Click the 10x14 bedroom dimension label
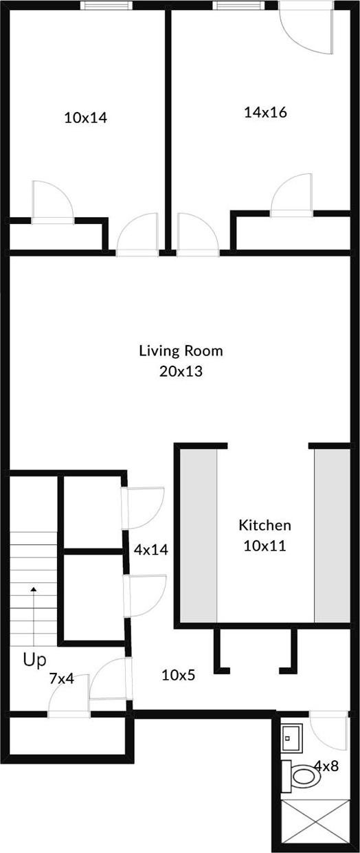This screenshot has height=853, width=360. click(x=85, y=118)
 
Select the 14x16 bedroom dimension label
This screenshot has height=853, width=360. click(x=265, y=112)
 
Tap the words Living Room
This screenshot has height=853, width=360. click(x=181, y=351)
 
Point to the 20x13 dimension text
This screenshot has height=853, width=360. click(x=181, y=372)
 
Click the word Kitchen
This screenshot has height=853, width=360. click(x=265, y=525)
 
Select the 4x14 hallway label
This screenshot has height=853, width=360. click(x=150, y=550)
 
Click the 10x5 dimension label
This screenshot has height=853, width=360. click(x=178, y=675)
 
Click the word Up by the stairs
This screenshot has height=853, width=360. click(x=34, y=661)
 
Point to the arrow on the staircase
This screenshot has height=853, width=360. click(x=32, y=590)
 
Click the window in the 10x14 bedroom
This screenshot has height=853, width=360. click(x=106, y=5)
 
